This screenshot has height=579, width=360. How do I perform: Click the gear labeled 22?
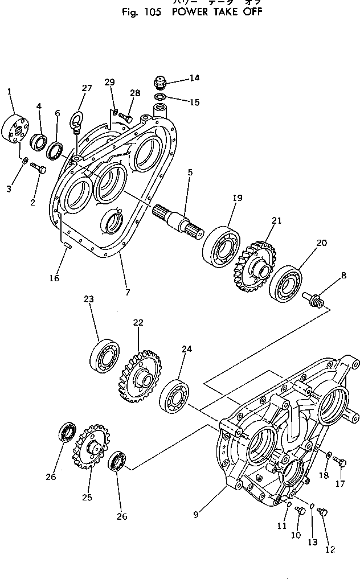[x=141, y=376]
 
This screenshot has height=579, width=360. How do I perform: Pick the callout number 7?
[x=127, y=293]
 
